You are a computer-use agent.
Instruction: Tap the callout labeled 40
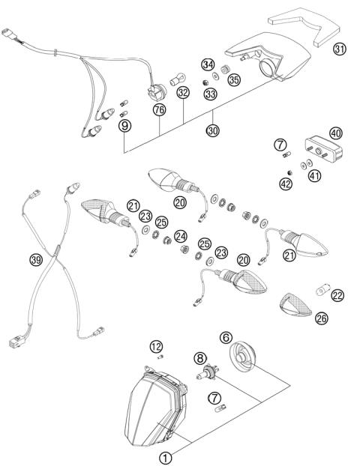click(335, 133)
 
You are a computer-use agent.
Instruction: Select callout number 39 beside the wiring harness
click(35, 260)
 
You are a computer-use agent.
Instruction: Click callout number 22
click(337, 296)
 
